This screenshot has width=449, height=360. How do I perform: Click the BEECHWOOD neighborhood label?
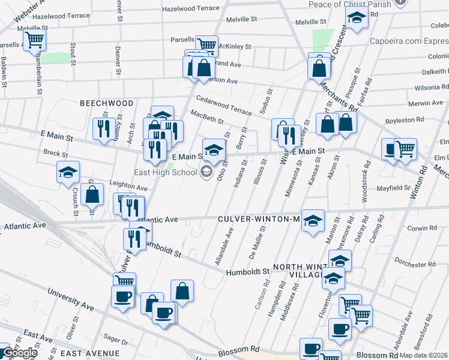(x=107, y=103)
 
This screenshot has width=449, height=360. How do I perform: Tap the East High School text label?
(x=166, y=173)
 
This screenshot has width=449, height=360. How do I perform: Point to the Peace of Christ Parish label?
(x=358, y=4)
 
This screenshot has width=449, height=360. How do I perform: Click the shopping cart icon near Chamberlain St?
(x=35, y=40)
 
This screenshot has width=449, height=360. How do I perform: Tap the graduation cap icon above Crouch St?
(x=68, y=172)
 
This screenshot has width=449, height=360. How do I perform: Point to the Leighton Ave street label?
(x=128, y=187)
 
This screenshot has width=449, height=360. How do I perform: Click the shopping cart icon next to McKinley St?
(x=206, y=44)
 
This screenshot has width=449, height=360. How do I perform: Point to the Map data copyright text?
(x=424, y=355)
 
